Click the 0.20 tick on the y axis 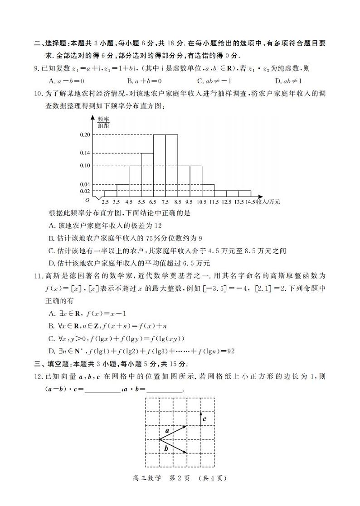(85, 135)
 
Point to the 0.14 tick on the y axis (85, 153)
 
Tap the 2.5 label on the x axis (105, 202)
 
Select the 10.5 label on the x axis (201, 202)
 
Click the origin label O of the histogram (87, 200)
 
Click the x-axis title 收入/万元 (268, 202)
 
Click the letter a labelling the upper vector (167, 431)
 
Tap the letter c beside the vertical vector (204, 419)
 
